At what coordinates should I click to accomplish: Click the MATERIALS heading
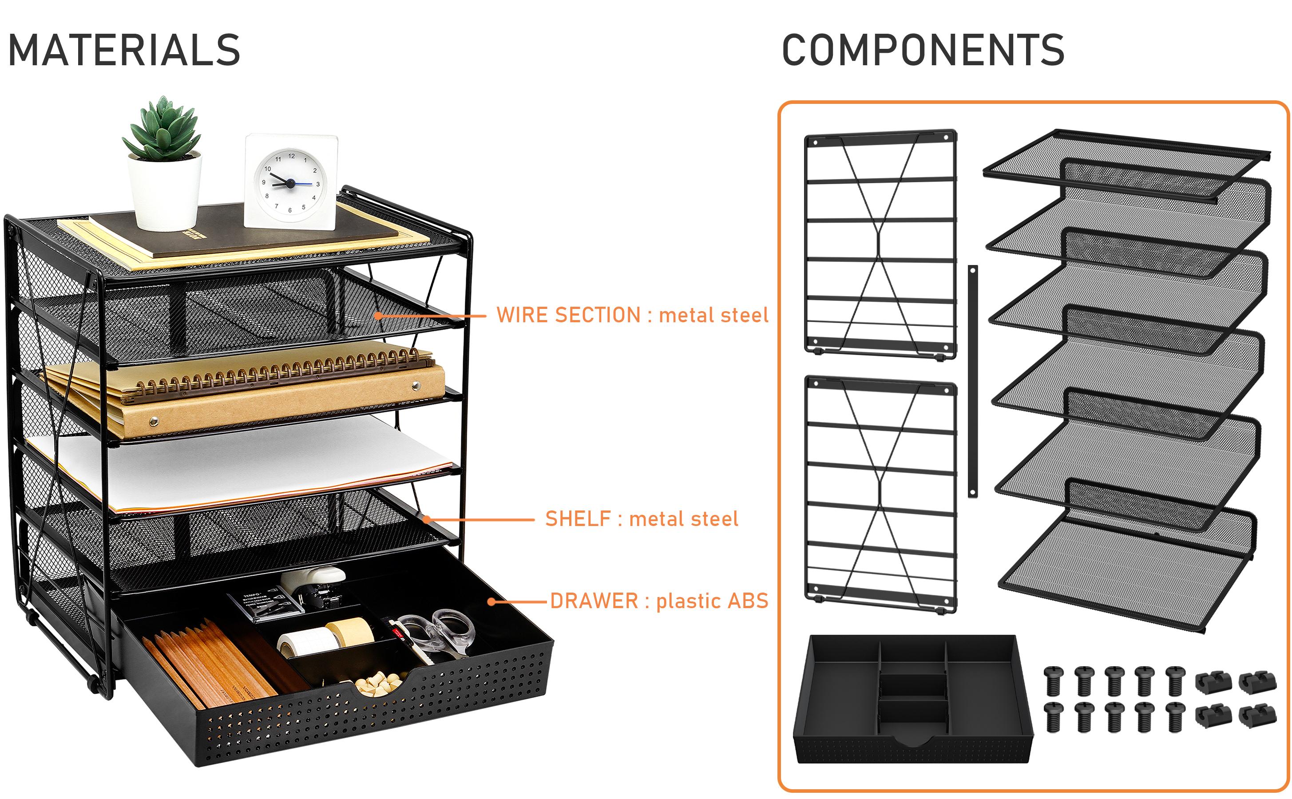(x=124, y=50)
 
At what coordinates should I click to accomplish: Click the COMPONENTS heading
(x=923, y=50)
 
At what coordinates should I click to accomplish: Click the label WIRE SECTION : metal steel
(x=632, y=316)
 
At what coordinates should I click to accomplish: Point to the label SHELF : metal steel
(x=642, y=519)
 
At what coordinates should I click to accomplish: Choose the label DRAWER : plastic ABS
(x=659, y=601)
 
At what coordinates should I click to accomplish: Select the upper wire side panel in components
(x=880, y=243)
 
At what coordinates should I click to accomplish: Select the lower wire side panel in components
(x=880, y=494)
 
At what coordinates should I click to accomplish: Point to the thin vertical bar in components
(x=973, y=380)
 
